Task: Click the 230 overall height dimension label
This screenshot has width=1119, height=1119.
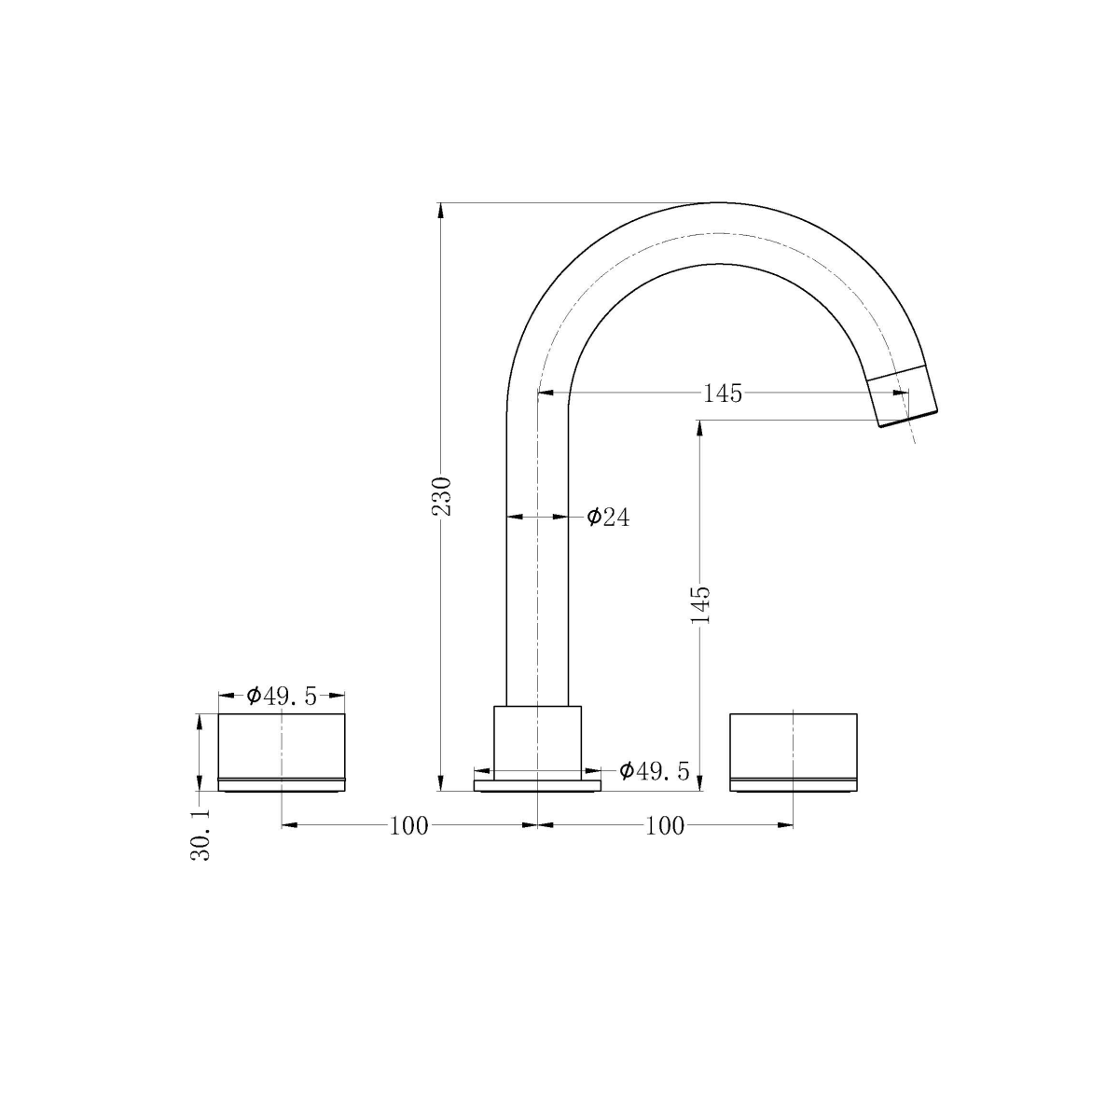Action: [x=445, y=496]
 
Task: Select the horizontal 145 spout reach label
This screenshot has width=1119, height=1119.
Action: [x=723, y=394]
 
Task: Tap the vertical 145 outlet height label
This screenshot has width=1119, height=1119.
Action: [x=701, y=605]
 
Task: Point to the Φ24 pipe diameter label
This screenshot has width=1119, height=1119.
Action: [x=608, y=517]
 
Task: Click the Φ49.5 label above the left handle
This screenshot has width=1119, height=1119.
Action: [x=282, y=696]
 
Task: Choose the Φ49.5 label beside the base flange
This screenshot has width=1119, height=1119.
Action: [x=655, y=771]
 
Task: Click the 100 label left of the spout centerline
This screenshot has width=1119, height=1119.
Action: [x=408, y=825]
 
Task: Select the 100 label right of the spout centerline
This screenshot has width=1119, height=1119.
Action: [x=665, y=825]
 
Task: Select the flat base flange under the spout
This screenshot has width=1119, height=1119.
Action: [x=537, y=786]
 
